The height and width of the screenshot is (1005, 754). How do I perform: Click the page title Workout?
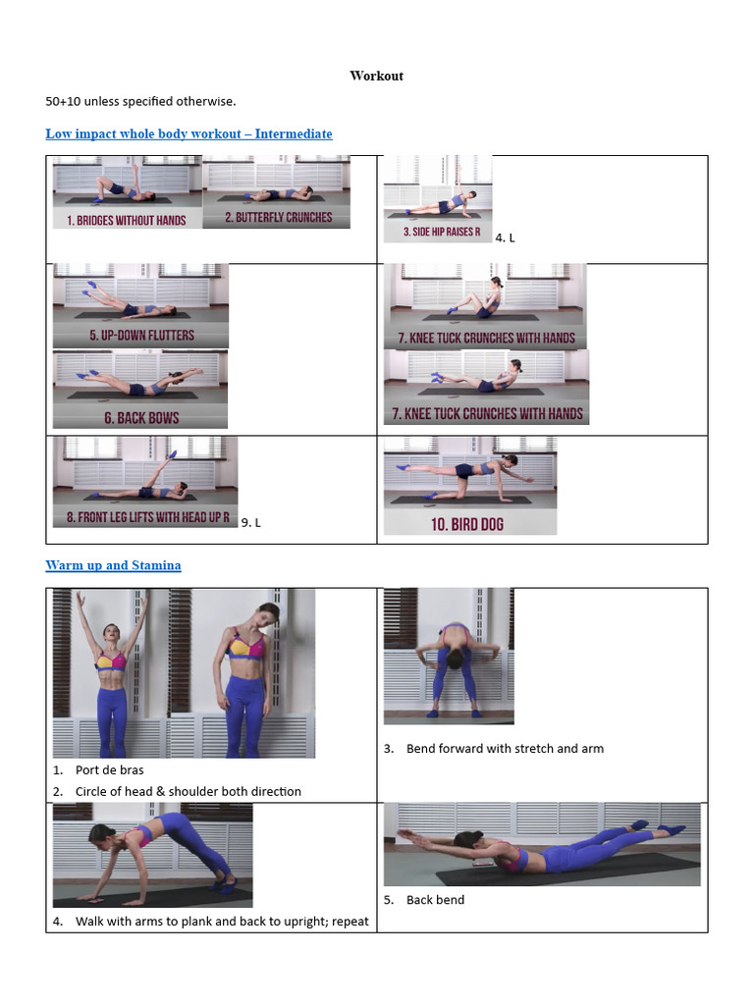point(376,76)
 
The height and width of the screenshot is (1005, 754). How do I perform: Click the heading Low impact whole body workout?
point(188,133)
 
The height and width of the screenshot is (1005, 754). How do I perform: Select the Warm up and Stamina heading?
point(113,565)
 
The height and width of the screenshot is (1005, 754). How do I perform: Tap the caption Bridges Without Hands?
point(127,221)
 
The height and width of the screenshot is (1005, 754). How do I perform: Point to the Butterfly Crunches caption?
point(278,218)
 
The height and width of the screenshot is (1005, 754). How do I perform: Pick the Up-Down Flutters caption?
point(141,335)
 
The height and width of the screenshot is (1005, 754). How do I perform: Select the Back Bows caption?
point(141,418)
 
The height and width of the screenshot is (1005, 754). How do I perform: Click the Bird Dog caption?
point(467,524)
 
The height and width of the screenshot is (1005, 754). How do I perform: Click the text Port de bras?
point(109,769)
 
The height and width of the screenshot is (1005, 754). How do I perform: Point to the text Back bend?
point(435,899)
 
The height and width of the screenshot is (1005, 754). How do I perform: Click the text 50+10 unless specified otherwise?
point(140,101)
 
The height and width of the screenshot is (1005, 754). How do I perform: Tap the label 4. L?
point(505,238)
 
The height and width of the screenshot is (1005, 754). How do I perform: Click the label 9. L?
point(251,522)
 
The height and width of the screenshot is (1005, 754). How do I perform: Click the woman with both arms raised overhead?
point(110,677)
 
